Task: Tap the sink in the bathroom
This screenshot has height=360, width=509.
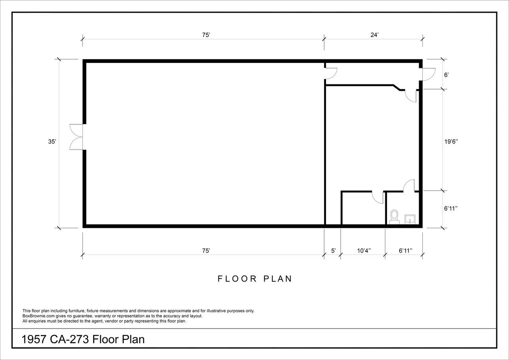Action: [410, 219]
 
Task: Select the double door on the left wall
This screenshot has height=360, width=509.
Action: [76, 137]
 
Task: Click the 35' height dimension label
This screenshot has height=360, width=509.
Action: [52, 142]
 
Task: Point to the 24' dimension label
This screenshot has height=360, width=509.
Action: [375, 35]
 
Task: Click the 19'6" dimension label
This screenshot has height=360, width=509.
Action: [451, 142]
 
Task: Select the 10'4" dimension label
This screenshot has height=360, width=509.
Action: [364, 251]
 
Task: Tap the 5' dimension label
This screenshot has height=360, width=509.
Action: [333, 251]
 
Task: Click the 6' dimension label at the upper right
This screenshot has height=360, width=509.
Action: [447, 75]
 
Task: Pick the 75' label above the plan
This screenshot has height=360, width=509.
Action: [206, 35]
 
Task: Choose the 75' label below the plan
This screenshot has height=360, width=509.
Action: [206, 251]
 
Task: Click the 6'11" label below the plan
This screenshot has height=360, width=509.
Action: [406, 251]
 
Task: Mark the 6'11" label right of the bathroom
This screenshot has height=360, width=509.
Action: [451, 208]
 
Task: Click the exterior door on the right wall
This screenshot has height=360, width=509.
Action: [429, 74]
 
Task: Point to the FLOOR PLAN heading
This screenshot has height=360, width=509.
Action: [255, 279]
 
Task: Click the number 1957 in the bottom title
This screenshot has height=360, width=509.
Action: [34, 339]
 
